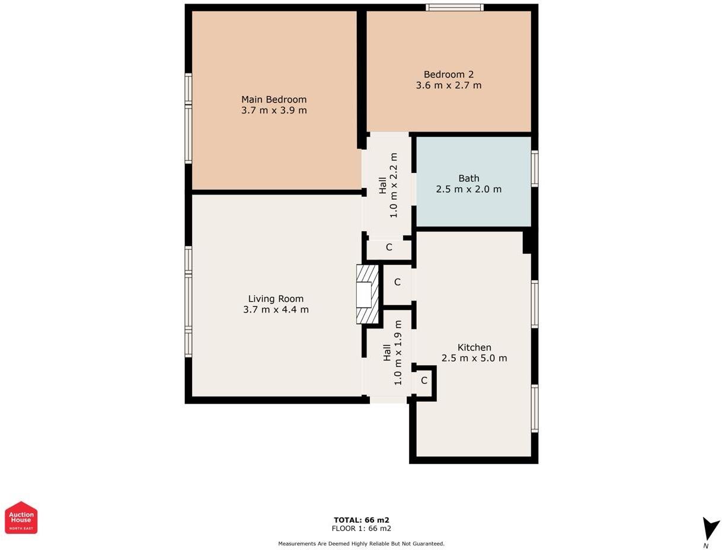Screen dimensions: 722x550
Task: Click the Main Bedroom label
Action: pos(274,100)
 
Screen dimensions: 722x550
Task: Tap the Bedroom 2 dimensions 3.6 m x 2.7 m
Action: pos(448,85)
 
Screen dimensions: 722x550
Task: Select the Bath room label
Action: pos(469,178)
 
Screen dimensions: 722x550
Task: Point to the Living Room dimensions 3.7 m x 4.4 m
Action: pos(276,310)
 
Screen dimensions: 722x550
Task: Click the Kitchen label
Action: pos(474,347)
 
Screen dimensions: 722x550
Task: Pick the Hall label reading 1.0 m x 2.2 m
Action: pos(388,185)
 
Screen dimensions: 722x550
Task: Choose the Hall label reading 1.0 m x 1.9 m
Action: pos(392,353)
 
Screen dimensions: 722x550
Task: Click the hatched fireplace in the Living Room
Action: pos(368,294)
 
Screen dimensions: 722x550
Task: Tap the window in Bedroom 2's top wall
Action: pos(454,7)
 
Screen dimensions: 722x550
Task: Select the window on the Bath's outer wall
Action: pos(535,169)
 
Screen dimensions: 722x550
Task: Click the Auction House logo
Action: pos(21,517)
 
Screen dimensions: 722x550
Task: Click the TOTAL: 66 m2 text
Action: pos(361,520)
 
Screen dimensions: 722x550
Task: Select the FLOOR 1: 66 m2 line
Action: pos(361,529)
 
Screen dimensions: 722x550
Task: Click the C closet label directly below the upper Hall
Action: pos(389,247)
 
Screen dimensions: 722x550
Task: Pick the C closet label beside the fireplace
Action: pos(397,282)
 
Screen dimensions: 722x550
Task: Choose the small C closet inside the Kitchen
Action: pos(424,380)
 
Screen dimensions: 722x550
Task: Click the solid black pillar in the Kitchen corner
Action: pos(528,242)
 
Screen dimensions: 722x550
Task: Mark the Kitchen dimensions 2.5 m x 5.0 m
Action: pos(474,359)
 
